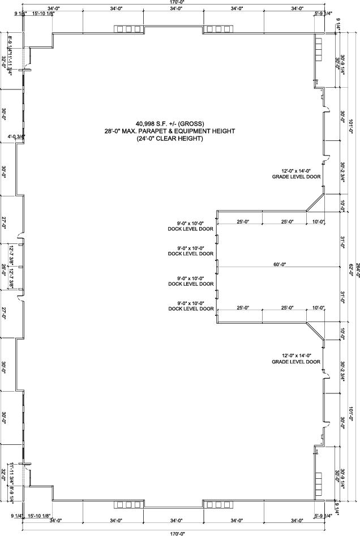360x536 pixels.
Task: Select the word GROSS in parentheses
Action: coord(191,123)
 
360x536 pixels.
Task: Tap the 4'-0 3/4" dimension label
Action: coord(16,136)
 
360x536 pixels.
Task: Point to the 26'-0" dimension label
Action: coord(4,266)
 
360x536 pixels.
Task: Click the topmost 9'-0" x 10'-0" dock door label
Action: coord(191,226)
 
